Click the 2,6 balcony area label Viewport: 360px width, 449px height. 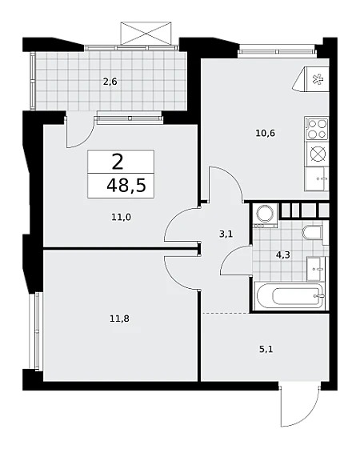[x=110, y=82]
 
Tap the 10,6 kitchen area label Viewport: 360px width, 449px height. [x=266, y=133]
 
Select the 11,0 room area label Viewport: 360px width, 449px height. [x=121, y=218]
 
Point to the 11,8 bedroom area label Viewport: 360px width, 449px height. [x=119, y=319]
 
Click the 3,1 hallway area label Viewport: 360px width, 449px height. [x=226, y=235]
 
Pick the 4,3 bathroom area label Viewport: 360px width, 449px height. [x=283, y=255]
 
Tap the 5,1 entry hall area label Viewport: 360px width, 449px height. [x=266, y=349]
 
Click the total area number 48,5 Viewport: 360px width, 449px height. [x=126, y=186]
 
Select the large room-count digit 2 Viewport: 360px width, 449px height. [x=118, y=162]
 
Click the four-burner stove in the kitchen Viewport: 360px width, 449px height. [x=317, y=129]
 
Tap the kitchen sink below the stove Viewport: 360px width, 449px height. [x=317, y=179]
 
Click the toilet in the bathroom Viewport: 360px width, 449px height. [x=313, y=232]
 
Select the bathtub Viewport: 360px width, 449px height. [x=290, y=296]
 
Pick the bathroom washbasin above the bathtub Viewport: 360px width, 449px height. [x=317, y=269]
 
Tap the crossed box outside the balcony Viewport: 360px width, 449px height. [x=146, y=33]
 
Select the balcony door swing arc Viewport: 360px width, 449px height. [x=82, y=133]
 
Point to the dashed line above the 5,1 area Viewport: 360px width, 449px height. [x=226, y=314]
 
